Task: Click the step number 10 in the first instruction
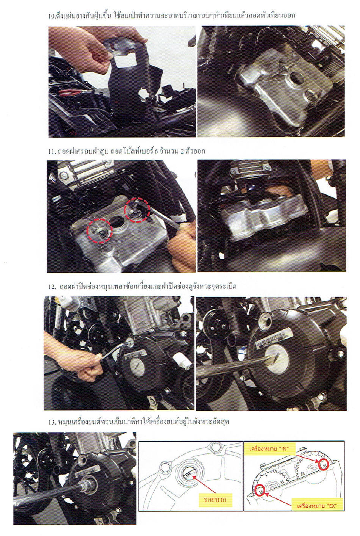52,16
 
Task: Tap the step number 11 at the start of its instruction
52,152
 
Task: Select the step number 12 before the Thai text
52,287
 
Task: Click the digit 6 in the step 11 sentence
156,152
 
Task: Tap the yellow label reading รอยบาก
215,500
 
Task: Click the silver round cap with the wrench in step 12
131,343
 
